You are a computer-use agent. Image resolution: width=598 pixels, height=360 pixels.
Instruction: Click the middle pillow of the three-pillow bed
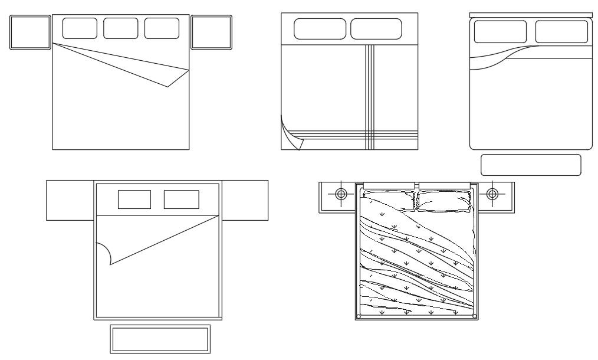[x=121, y=28]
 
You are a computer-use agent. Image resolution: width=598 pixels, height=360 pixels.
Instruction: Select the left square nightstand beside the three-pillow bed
[x=30, y=32]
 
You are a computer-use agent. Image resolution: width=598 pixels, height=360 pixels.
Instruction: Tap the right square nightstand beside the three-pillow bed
[x=212, y=32]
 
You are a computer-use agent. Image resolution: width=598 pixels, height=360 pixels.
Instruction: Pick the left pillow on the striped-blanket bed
[x=320, y=29]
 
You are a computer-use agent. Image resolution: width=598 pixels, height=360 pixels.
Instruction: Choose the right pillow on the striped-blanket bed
[x=376, y=29]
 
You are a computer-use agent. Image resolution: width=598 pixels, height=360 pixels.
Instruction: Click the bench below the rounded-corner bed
[x=531, y=165]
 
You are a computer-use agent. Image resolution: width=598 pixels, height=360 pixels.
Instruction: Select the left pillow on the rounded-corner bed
[x=501, y=31]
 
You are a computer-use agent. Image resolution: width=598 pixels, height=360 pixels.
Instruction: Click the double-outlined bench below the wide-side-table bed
[x=160, y=339]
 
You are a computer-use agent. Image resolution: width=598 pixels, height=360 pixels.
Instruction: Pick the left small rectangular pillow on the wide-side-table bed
[x=134, y=199]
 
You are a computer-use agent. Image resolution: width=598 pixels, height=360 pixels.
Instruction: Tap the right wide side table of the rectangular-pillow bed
[x=245, y=201]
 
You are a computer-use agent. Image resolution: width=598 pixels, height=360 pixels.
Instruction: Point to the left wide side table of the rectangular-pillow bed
[x=70, y=201]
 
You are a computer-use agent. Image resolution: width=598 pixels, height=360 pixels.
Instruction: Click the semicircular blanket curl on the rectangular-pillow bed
[x=105, y=254]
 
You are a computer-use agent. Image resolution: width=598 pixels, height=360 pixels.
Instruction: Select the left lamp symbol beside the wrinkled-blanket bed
[x=341, y=194]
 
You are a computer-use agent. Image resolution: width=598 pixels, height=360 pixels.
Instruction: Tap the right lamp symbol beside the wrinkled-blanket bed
[x=492, y=194]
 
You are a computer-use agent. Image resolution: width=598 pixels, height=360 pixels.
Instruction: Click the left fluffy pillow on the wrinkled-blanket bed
[x=389, y=201]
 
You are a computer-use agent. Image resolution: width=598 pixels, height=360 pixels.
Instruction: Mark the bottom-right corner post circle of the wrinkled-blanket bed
[x=475, y=316]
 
